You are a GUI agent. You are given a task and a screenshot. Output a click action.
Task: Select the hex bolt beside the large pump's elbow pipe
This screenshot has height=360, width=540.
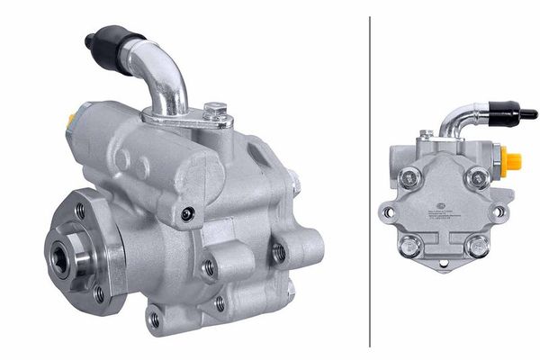(213, 112)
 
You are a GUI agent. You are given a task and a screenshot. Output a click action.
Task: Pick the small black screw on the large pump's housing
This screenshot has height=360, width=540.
(187, 213)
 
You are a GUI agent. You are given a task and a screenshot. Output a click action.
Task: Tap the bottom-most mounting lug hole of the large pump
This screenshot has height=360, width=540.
(155, 319)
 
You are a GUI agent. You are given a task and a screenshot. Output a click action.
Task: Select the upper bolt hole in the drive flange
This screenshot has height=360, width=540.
(81, 211)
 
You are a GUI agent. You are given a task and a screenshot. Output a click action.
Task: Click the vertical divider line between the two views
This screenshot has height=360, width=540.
(370, 180)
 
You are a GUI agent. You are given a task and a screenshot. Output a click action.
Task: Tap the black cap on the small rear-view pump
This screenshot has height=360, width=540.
(517, 114)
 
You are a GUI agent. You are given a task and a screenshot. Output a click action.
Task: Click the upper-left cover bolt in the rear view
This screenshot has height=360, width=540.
(409, 177)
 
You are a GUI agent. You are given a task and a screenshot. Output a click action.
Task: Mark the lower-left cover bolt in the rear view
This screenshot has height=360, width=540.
(409, 244)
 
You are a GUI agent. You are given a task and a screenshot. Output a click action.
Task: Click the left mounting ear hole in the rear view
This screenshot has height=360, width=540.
(388, 212)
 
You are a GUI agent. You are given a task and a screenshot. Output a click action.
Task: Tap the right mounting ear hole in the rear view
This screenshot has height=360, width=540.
(499, 211)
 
